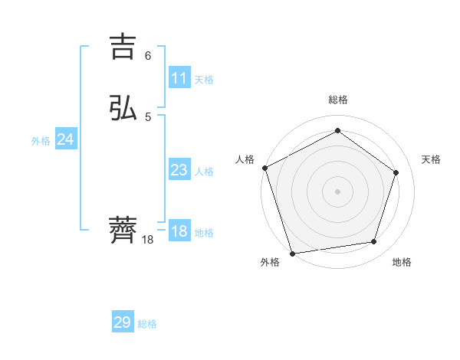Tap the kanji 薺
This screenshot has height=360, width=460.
pyautogui.click(x=124, y=230)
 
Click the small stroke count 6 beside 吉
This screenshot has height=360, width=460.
pyautogui.click(x=148, y=55)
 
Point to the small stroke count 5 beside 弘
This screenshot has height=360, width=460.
pyautogui.click(x=148, y=116)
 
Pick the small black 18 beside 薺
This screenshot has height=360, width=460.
pyautogui.click(x=148, y=240)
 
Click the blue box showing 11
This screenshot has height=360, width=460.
pyautogui.click(x=179, y=78)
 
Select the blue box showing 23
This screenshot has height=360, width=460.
pyautogui.click(x=179, y=170)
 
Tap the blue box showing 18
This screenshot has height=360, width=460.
pyautogui.click(x=179, y=231)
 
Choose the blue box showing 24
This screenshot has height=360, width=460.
pyautogui.click(x=65, y=139)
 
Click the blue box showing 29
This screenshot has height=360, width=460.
pyautogui.click(x=123, y=322)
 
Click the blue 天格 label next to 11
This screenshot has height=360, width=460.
pyautogui.click(x=204, y=80)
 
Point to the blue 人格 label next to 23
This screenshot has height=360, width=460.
pyautogui.click(x=204, y=172)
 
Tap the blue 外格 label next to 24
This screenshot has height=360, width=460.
pyautogui.click(x=41, y=141)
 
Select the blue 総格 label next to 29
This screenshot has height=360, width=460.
pyautogui.click(x=147, y=324)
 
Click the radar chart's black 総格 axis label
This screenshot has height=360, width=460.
pyautogui.click(x=338, y=100)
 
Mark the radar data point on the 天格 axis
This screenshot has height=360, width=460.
pyautogui.click(x=396, y=172)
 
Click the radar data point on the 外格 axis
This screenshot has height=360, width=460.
pyautogui.click(x=292, y=252)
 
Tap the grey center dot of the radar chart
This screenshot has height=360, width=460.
pyautogui.click(x=337, y=191)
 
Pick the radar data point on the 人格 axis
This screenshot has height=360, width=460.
pyautogui.click(x=264, y=168)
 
